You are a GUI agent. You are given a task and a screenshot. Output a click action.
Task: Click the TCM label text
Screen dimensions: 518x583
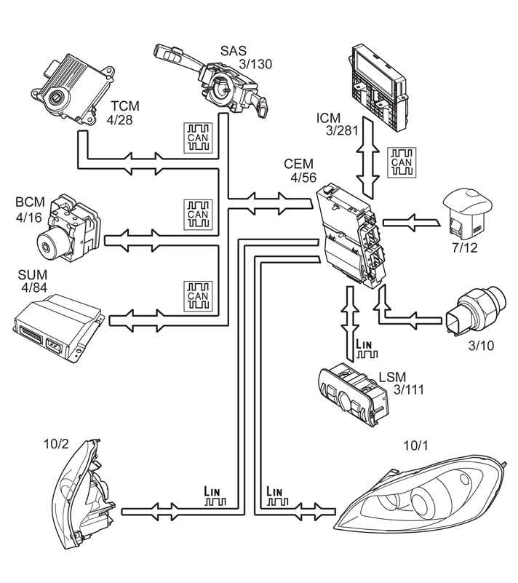[x=125, y=106]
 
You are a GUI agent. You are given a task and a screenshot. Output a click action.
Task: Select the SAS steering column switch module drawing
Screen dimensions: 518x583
[x=211, y=81]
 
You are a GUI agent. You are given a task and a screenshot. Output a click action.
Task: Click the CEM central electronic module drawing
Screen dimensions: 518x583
[x=351, y=236]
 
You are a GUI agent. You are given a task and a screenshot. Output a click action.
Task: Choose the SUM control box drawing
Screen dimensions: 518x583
[x=59, y=328]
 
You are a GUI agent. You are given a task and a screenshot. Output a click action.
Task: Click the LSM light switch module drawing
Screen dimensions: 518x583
[x=354, y=394]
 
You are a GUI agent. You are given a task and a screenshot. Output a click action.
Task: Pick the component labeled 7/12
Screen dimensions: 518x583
[x=468, y=215]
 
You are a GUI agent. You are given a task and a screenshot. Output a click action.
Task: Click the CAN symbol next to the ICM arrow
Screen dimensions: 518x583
[x=402, y=162]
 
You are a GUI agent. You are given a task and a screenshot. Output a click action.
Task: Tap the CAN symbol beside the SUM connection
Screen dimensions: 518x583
[x=198, y=296]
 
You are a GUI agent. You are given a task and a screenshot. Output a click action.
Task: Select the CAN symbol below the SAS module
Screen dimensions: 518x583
[x=198, y=138]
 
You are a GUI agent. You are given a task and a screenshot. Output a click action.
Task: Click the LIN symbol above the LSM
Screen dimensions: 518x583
[x=367, y=349]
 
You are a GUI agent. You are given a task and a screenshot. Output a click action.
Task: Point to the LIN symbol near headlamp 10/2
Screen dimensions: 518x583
[x=215, y=496]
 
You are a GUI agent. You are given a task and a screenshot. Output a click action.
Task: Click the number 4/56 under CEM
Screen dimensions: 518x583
[x=303, y=178]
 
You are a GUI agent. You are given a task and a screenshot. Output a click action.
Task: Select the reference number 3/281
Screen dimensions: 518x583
[x=342, y=130]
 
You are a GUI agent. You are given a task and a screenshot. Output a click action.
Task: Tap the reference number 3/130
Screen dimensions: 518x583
[x=255, y=64]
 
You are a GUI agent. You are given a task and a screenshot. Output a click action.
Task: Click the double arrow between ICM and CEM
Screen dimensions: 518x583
[x=368, y=158]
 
